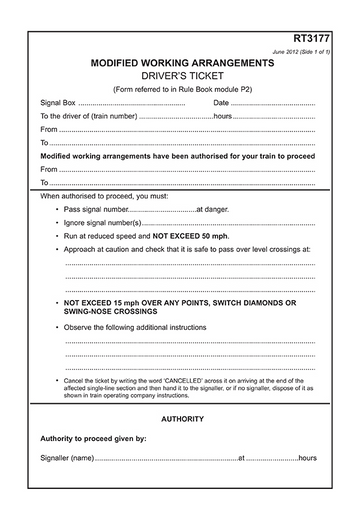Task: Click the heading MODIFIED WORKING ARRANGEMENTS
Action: (182, 62)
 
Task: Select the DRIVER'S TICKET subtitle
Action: (182, 75)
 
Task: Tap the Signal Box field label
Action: (58, 103)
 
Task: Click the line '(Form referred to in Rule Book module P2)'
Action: (182, 88)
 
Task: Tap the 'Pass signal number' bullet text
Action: (97, 210)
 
